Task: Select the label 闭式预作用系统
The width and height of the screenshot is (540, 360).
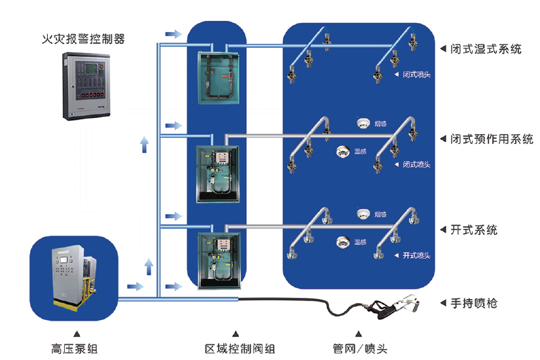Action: [492, 139]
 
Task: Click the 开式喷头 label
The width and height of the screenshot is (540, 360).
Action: [416, 255]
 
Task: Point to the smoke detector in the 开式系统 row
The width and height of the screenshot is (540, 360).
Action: [364, 213]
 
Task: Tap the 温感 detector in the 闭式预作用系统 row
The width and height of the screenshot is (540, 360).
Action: [342, 152]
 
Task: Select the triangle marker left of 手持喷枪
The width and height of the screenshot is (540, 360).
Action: [444, 303]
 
